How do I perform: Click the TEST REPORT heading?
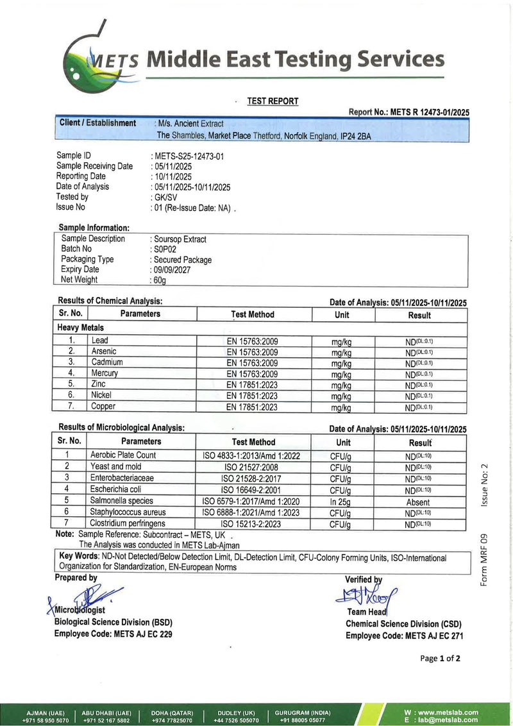[273, 101]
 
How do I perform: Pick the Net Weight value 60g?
[160, 280]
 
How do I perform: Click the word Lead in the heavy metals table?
[100, 341]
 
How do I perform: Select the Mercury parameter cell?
[105, 373]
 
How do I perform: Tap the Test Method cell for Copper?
[253, 407]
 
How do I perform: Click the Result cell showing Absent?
[418, 502]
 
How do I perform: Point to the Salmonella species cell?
[122, 500]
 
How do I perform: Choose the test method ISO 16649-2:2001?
[253, 489]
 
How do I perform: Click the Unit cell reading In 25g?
[341, 502]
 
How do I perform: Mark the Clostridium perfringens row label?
[128, 523]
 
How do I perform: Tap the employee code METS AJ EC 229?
[138, 634]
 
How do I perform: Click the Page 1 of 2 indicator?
[440, 658]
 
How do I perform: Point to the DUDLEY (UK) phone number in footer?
[237, 720]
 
